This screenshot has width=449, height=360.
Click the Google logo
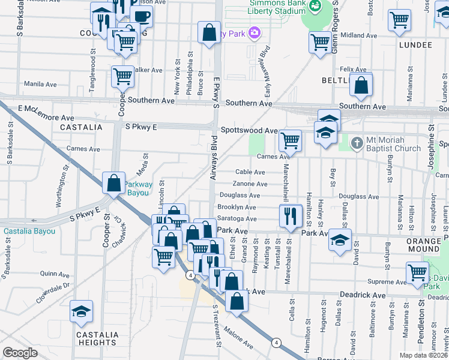click(x=20, y=352)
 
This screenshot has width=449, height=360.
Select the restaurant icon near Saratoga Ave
click(x=291, y=217)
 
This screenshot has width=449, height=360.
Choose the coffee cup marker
click(x=142, y=16)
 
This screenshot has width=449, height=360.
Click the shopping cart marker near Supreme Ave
click(x=417, y=272)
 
